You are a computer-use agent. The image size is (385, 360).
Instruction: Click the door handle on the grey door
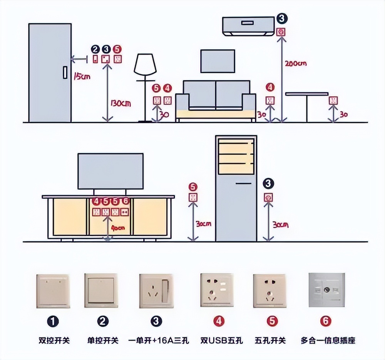65,73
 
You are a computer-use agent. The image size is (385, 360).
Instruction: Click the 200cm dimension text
295,63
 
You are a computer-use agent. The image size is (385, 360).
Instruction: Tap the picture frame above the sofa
218,61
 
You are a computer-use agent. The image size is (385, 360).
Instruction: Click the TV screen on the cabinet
110,171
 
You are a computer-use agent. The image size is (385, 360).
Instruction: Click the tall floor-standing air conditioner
236,188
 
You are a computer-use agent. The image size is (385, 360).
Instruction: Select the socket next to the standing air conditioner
269,198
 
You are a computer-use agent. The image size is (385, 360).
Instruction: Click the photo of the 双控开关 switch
54,290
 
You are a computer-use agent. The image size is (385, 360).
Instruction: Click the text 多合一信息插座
328,340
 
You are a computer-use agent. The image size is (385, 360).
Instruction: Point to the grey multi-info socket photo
327,290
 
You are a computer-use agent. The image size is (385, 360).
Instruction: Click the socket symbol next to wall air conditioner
282,32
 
